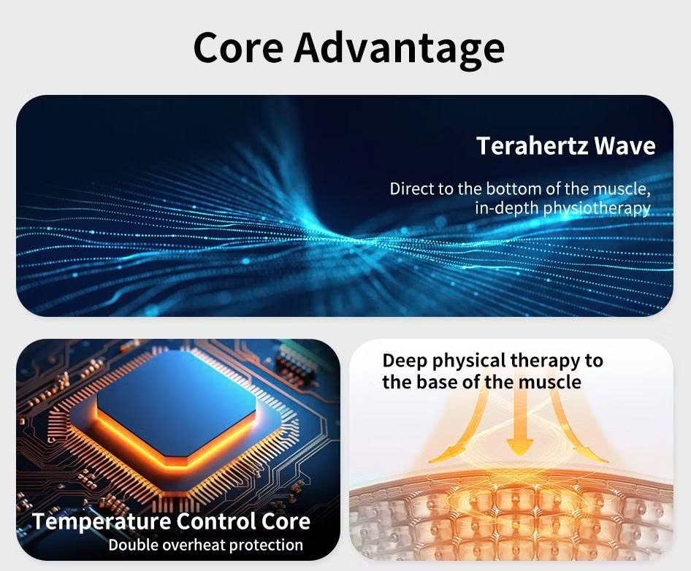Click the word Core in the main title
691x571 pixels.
tap(238, 47)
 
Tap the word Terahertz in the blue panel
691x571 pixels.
tap(532, 145)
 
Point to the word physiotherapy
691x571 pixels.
tap(597, 208)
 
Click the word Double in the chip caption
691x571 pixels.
tap(133, 545)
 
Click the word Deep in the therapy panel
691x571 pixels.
tap(405, 361)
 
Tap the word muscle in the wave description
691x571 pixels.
tap(620, 189)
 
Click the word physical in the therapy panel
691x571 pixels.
tap(468, 361)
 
